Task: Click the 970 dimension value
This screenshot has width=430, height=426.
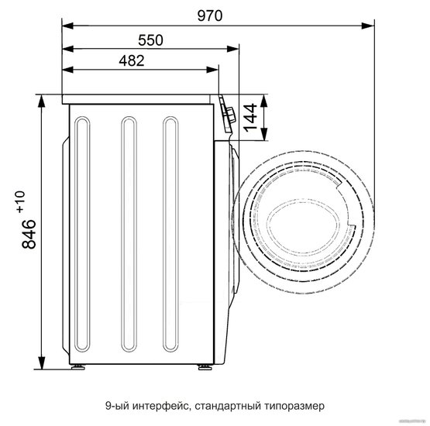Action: (x=210, y=15)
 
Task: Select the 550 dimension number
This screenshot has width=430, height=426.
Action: (x=150, y=40)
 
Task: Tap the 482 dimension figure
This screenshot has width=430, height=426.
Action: (x=132, y=60)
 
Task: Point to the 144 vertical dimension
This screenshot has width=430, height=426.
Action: (x=251, y=117)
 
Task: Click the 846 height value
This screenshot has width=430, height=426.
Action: (x=29, y=234)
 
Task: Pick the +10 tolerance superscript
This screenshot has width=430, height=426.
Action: (x=21, y=201)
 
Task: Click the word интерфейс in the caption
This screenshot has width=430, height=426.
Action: (x=161, y=405)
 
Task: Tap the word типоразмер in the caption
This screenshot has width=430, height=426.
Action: (x=294, y=405)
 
